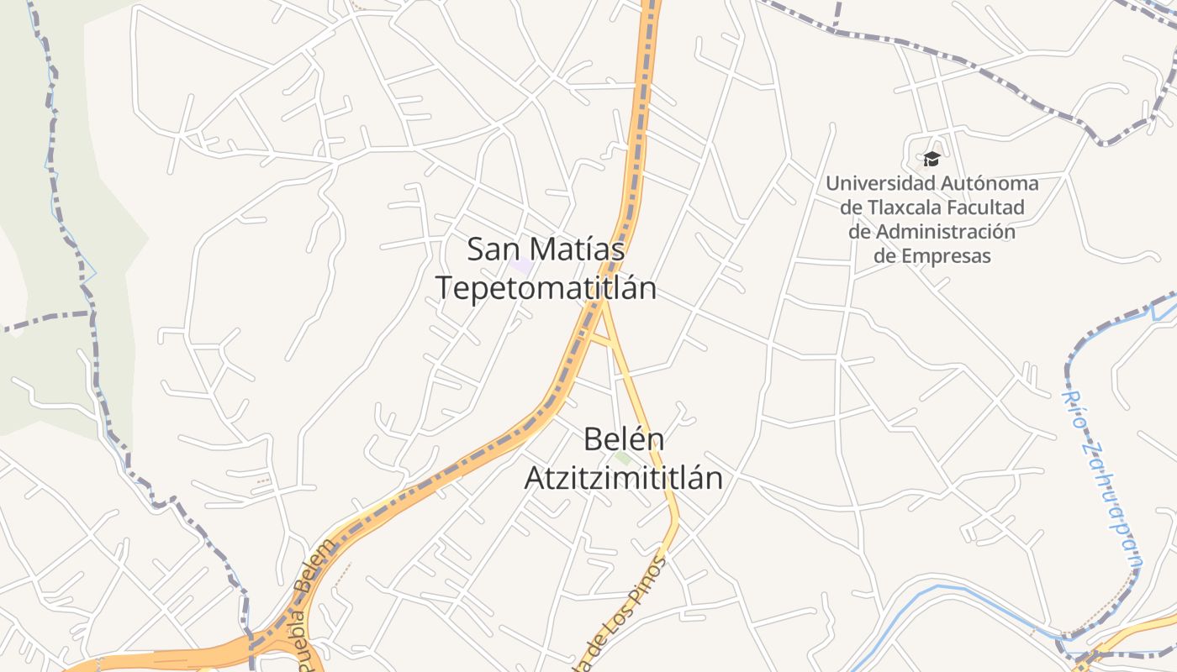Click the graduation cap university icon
click(932, 159)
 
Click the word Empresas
click(945, 256)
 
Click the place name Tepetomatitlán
click(546, 288)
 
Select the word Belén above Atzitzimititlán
click(624, 439)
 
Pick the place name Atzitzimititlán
click(624, 478)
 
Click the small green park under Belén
click(623, 458)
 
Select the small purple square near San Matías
click(522, 266)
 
